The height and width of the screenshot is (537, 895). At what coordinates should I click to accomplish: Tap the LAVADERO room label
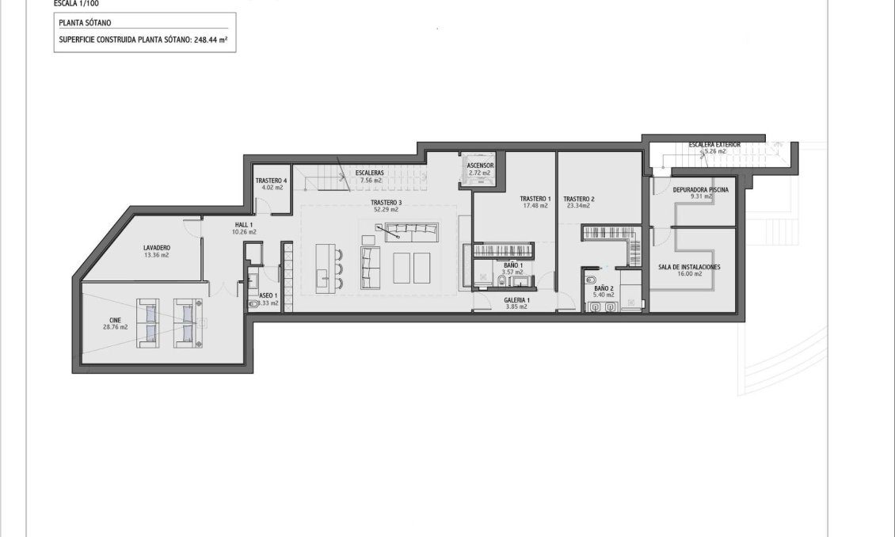157,248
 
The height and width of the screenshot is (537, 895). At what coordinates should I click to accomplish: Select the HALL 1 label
244,225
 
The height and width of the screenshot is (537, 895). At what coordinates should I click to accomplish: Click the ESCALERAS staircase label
370,172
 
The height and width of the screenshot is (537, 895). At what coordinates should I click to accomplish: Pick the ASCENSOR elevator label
480,166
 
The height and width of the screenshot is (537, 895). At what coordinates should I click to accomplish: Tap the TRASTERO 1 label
535,198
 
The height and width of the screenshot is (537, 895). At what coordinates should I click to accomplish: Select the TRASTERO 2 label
578,198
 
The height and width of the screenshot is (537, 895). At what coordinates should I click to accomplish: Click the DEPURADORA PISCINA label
700,190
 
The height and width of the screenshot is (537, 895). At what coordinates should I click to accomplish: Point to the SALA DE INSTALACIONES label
689,267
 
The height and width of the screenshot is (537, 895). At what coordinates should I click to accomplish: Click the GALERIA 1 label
516,300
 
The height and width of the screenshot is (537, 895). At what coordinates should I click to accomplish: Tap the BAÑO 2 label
604,289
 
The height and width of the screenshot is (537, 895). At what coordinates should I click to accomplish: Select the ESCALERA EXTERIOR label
714,145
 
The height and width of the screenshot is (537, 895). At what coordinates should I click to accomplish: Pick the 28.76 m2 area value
118,326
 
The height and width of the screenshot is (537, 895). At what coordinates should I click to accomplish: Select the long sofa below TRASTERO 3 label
412,232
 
